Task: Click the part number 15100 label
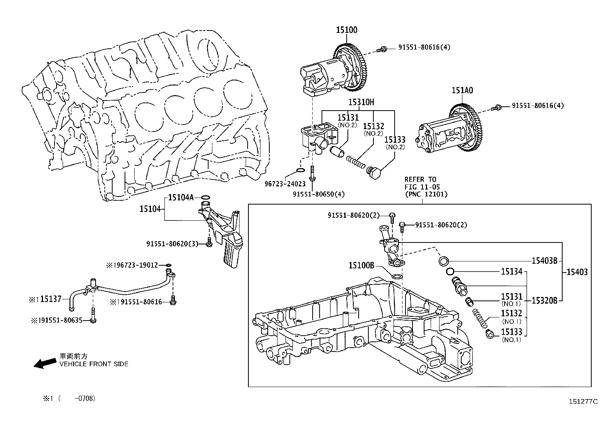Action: pos(346,30)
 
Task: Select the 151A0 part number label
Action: pos(462,90)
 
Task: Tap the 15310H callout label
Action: pos(361,102)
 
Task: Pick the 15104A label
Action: pos(180,197)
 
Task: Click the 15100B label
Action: pos(361,265)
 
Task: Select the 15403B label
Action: pos(544,261)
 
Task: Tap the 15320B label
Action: pos(544,300)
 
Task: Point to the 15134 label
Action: pos(512,271)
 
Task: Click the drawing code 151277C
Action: pos(583,401)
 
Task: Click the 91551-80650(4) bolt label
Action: pos(318,194)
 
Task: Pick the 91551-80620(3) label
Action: pos(173,244)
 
